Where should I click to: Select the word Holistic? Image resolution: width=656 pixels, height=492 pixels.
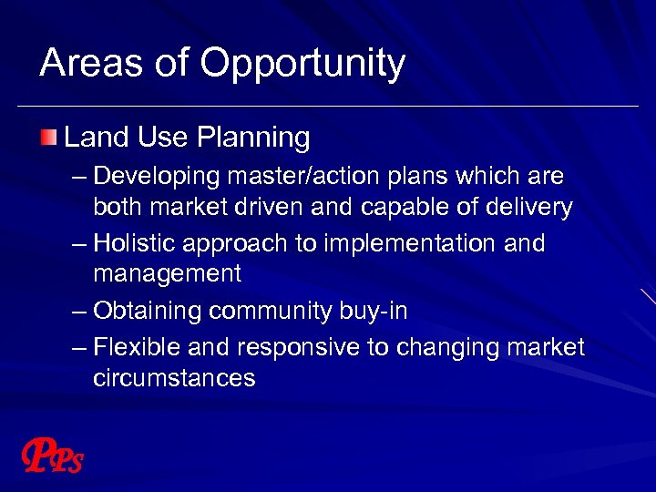point(133,243)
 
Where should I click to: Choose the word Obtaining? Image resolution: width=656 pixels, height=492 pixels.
point(148,311)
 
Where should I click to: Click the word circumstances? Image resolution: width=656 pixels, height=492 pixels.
point(174,378)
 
